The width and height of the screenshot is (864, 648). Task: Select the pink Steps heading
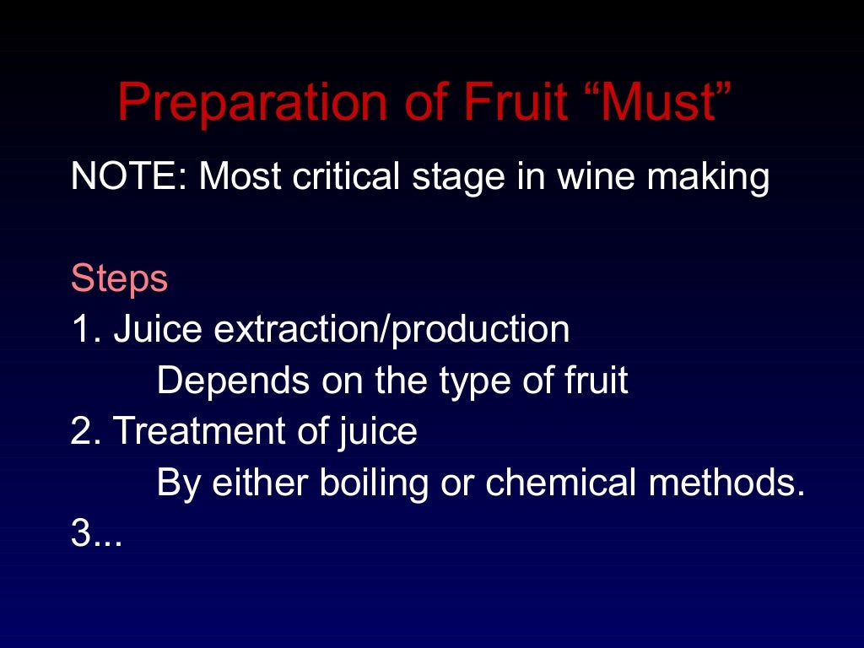click(120, 279)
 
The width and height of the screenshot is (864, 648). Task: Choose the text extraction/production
click(391, 330)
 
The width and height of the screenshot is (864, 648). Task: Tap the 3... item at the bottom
click(96, 534)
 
